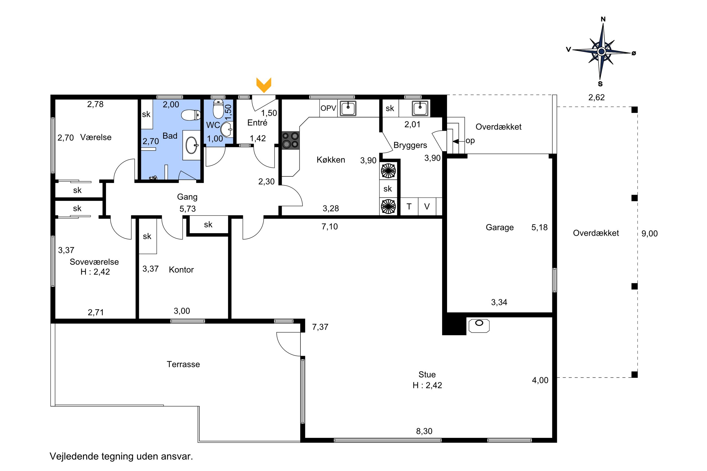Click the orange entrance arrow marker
coord(263,85)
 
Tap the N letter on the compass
coord(603,19)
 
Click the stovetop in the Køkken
coord(290,140)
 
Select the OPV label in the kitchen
coord(328,108)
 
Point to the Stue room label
coord(427,374)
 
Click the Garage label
coord(499,227)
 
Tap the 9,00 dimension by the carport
coord(649,233)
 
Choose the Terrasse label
coord(183,364)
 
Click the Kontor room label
coord(181,269)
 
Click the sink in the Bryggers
coord(420,108)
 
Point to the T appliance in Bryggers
coord(409,206)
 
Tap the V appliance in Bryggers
coord(427,206)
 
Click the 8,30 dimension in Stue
coord(424,431)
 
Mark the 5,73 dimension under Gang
coord(188,208)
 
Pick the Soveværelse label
coord(94,262)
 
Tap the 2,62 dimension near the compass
coord(596,97)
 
